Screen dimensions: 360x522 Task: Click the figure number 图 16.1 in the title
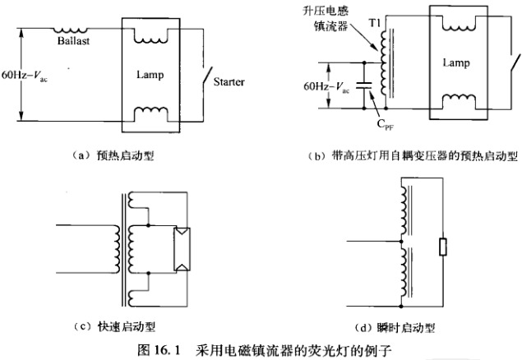coord(161,350)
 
